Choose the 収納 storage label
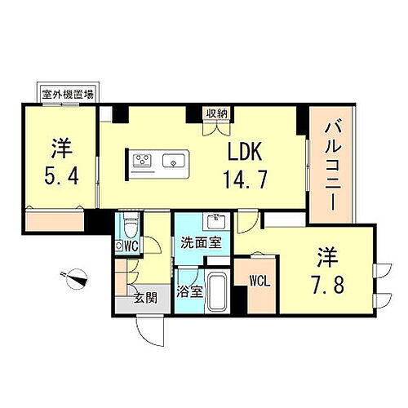coord(215,113)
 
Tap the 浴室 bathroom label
coord(189,290)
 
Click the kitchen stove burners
coord(143,161)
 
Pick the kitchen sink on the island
coord(173,161)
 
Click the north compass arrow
coord(79,277)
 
